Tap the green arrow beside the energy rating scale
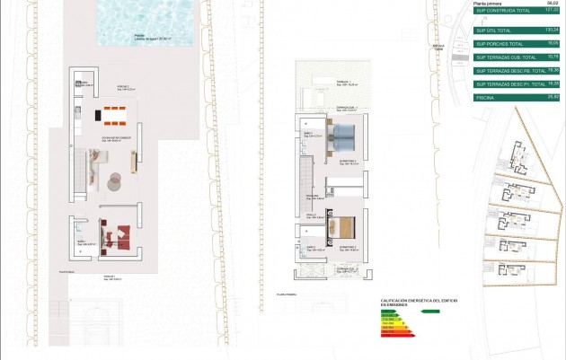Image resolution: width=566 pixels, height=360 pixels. pos(429,312)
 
